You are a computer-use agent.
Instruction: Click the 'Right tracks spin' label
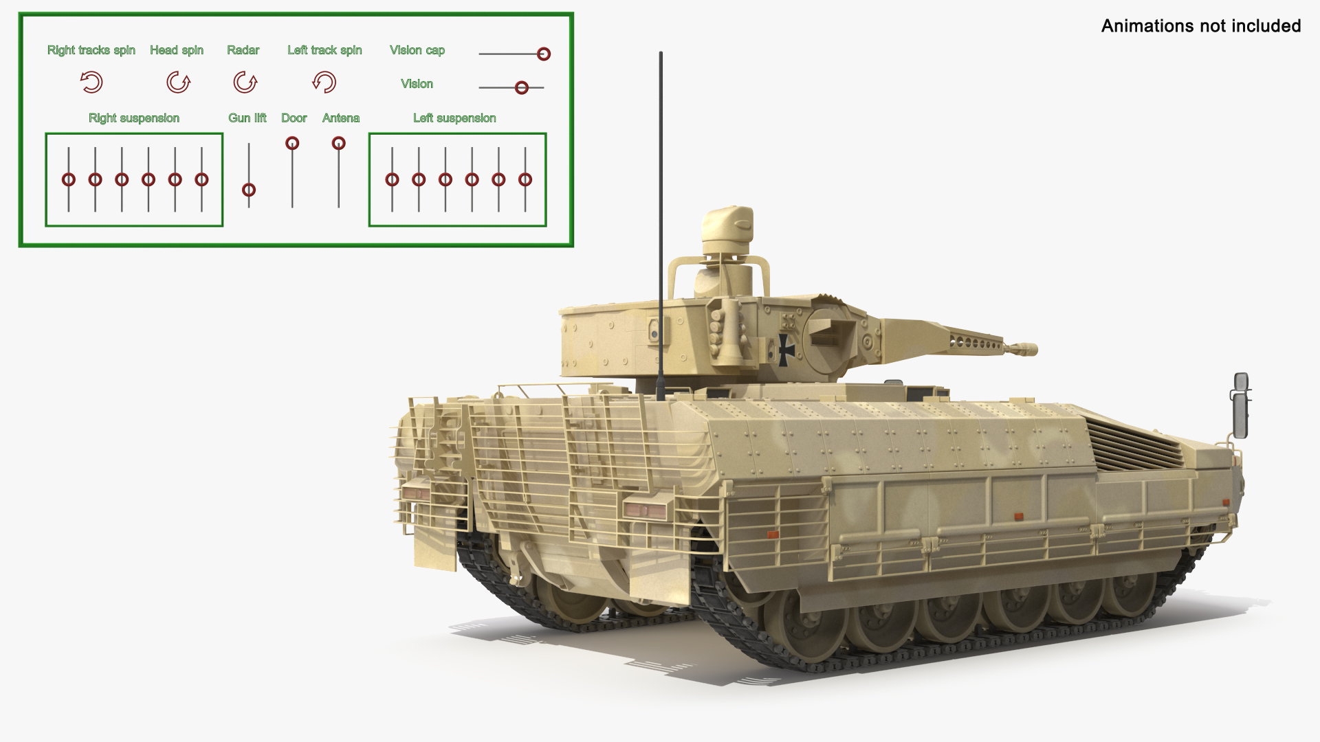[x=91, y=50]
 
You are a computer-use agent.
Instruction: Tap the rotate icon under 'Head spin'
[x=178, y=82]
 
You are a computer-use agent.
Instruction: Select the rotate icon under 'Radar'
[x=245, y=82]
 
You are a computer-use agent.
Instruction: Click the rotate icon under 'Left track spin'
[x=324, y=82]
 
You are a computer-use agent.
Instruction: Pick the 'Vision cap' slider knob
[x=543, y=54]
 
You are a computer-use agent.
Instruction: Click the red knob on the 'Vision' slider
[x=522, y=87]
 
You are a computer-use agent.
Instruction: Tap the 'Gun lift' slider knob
[x=249, y=190]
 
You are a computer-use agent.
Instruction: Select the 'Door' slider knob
[x=292, y=143]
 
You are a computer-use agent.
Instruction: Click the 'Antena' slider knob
[x=338, y=143]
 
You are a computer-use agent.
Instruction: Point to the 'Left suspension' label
[x=454, y=118]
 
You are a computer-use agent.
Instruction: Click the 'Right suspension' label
[x=134, y=118]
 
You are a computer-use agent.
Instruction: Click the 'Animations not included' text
[x=1201, y=26]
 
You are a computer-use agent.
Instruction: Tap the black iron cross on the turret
[x=786, y=350]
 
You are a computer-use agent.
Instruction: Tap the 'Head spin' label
[x=177, y=50]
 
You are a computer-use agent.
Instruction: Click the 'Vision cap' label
[x=417, y=50]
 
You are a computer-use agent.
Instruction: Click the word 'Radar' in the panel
[x=243, y=50]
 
